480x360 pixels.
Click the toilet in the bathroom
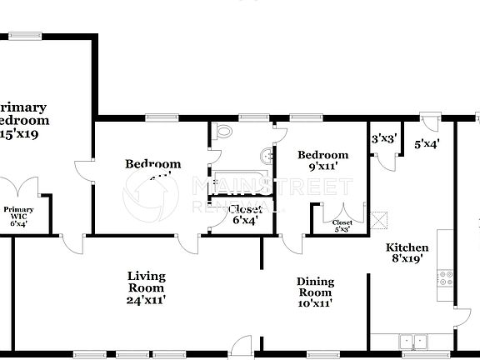(222, 132)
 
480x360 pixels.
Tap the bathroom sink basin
(267, 156)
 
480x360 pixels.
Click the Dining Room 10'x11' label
(315, 292)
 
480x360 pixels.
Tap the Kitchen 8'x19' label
(407, 253)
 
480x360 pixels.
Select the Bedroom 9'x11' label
(322, 161)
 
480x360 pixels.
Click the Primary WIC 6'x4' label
(18, 217)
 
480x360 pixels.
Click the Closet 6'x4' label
(244, 214)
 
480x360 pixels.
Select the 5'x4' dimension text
(427, 143)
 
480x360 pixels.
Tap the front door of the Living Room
(241, 342)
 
